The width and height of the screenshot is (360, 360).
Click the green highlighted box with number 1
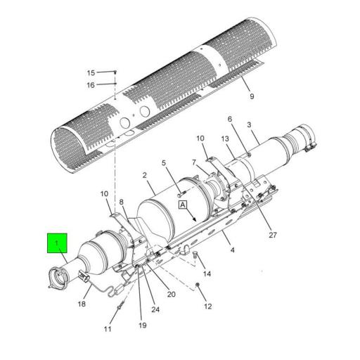pyautogui.click(x=56, y=243)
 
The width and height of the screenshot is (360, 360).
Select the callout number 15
pyautogui.click(x=91, y=72)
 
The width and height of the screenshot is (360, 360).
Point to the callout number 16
pyautogui.click(x=91, y=85)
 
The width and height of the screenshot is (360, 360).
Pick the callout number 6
pyautogui.click(x=229, y=119)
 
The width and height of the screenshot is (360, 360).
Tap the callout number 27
pyautogui.click(x=272, y=236)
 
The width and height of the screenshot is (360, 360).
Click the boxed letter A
pyautogui.click(x=182, y=205)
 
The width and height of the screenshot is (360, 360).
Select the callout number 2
pyautogui.click(x=143, y=175)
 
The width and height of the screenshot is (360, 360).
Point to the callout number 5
pyautogui.click(x=164, y=164)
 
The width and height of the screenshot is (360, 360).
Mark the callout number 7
pyautogui.click(x=194, y=163)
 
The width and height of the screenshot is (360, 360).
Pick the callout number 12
pyautogui.click(x=207, y=307)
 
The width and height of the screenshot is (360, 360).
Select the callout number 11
pyautogui.click(x=108, y=329)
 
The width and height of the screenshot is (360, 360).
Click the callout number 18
pyautogui.click(x=82, y=304)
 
